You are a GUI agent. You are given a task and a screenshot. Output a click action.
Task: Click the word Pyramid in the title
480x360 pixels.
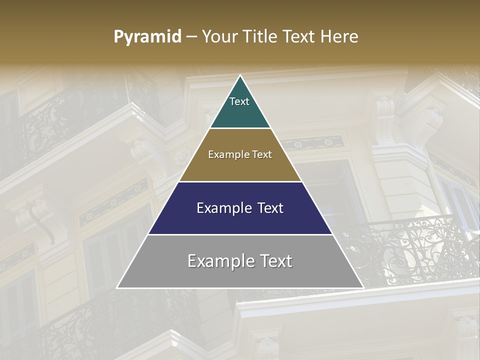(x=147, y=37)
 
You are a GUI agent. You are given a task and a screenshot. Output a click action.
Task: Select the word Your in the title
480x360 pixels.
(x=221, y=37)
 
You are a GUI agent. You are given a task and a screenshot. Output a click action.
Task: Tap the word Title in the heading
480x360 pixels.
(x=262, y=37)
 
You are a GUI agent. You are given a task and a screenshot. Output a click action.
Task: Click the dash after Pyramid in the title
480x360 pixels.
(x=191, y=37)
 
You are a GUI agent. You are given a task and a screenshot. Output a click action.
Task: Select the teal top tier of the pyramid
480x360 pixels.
(x=240, y=112)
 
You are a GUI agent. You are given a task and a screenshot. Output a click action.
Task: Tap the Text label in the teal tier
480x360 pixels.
(x=239, y=101)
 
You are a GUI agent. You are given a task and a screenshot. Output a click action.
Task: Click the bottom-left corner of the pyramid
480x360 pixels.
(x=117, y=287)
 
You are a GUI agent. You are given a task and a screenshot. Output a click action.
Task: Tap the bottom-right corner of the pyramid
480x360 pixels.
(x=363, y=287)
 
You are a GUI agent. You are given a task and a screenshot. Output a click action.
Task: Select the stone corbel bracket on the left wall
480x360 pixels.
(x=37, y=215)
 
